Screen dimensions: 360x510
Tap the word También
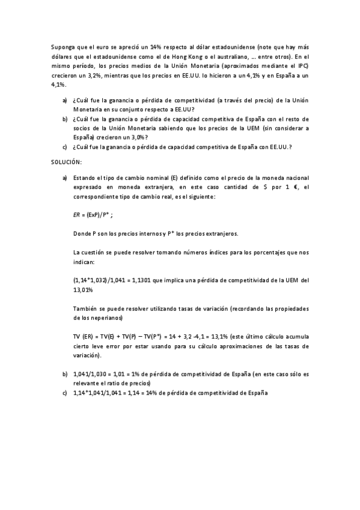85,309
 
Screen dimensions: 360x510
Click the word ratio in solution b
121,383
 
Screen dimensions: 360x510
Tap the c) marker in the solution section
64,393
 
